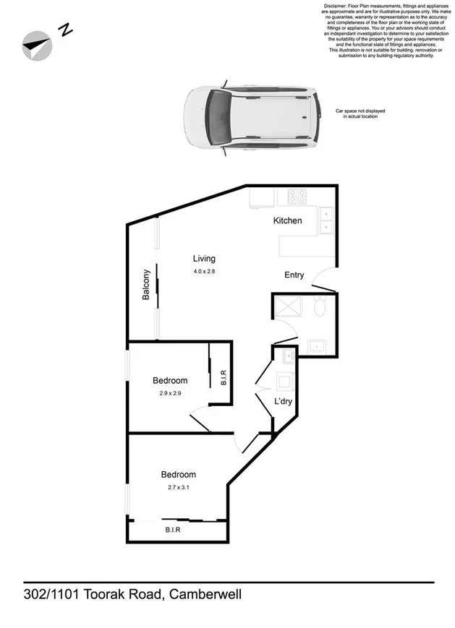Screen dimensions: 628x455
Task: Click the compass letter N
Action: pyautogui.click(x=66, y=30)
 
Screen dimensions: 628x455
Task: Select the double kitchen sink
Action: pyautogui.click(x=326, y=220)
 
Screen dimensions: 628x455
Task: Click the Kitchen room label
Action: pyautogui.click(x=287, y=220)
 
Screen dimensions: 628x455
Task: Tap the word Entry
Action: pyautogui.click(x=294, y=275)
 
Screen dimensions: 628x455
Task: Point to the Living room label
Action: pyautogui.click(x=204, y=259)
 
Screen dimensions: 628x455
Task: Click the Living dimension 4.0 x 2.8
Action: pyautogui.click(x=204, y=271)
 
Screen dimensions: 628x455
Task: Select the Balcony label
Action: pyautogui.click(x=145, y=285)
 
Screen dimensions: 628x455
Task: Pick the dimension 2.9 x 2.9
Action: pyautogui.click(x=170, y=393)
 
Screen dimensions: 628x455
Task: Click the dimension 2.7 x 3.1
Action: pyautogui.click(x=178, y=487)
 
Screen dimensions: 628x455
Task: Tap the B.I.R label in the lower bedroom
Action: pyautogui.click(x=172, y=530)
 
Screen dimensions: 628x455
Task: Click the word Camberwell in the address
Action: pyautogui.click(x=206, y=595)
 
